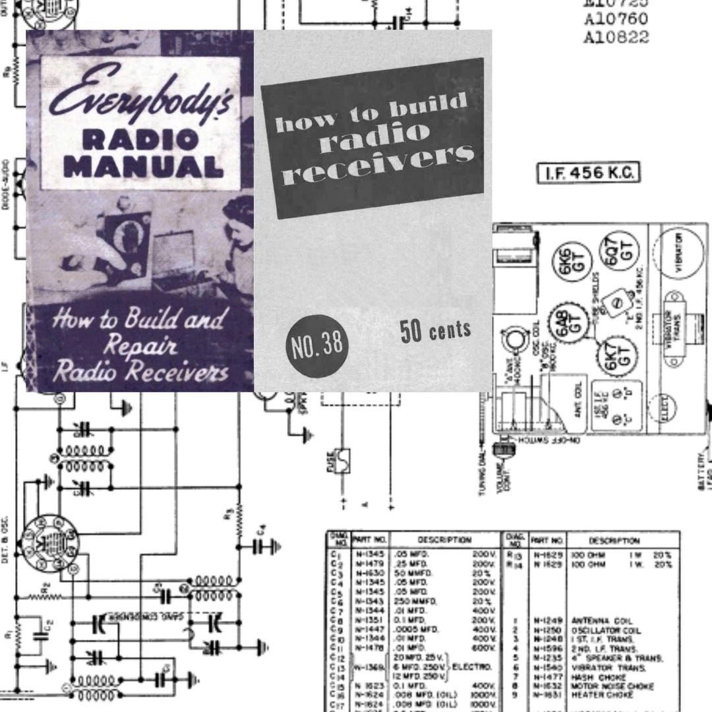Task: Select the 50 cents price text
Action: tap(435, 330)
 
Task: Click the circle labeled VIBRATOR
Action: tap(678, 250)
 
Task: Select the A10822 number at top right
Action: tap(616, 36)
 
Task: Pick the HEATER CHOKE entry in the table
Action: tap(596, 694)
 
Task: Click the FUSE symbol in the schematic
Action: tap(341, 461)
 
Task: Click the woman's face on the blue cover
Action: tap(239, 237)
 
